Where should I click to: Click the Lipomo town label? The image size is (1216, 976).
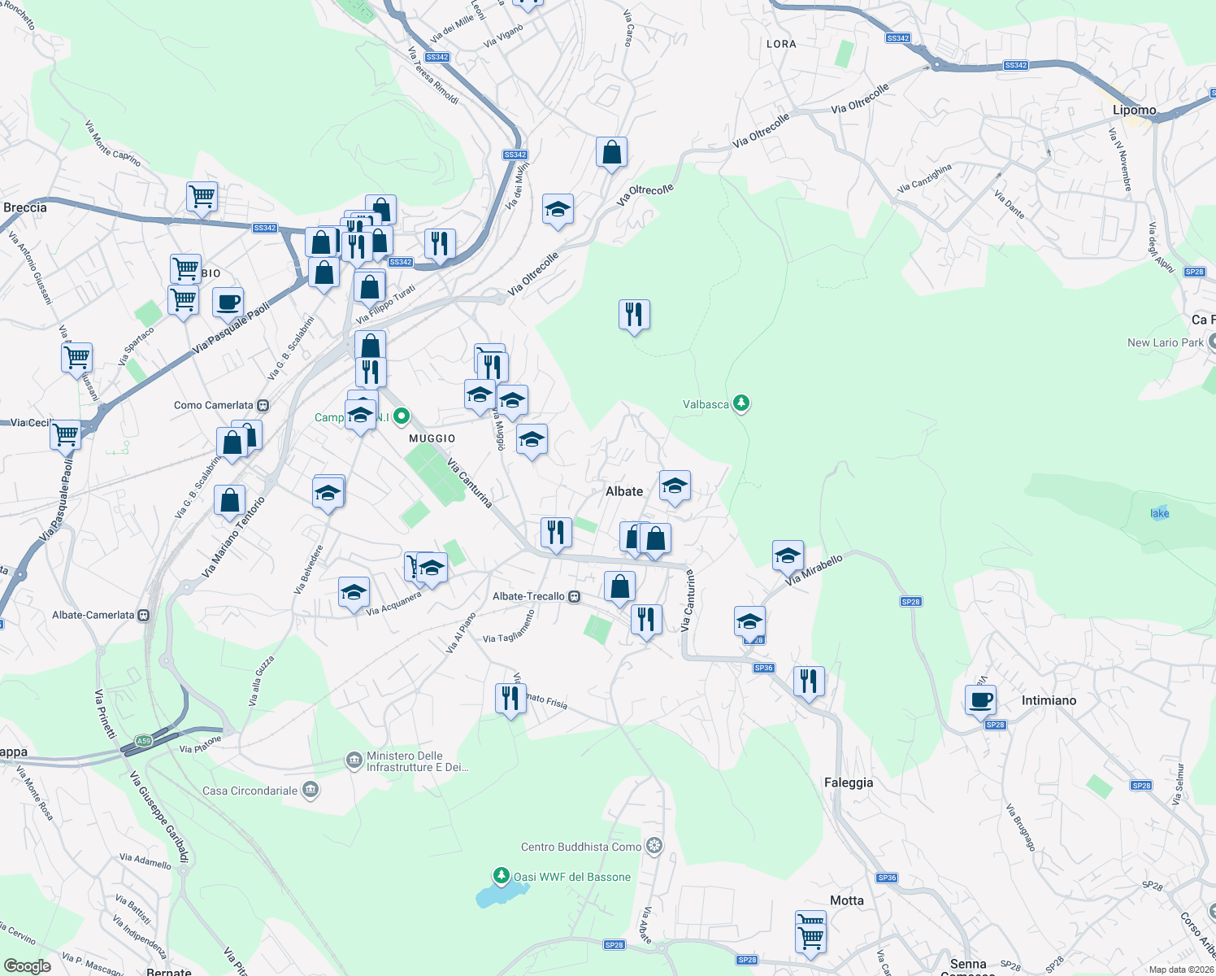[x=1134, y=111]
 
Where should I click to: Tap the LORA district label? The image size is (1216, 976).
[x=781, y=44]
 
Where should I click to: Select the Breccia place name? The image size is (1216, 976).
[x=25, y=207]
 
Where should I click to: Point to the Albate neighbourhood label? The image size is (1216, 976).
[x=624, y=491]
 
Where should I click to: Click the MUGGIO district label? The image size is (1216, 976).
[x=432, y=438]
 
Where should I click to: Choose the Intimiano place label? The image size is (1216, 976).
[x=1049, y=700]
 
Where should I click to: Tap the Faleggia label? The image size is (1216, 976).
[x=849, y=782]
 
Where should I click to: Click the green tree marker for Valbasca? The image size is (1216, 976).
[x=740, y=403]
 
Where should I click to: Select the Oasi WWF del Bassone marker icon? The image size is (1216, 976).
[x=502, y=876]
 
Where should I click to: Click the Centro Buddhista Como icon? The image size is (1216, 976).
[x=654, y=847]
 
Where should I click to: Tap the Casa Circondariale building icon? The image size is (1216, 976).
[x=311, y=790]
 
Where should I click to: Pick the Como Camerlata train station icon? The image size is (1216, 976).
[x=263, y=405]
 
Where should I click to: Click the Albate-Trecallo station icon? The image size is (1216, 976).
[x=575, y=596]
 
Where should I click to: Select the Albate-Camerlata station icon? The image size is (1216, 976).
[x=144, y=615]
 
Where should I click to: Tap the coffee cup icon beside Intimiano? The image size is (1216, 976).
[x=980, y=699]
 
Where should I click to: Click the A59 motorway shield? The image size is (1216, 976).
[x=144, y=741]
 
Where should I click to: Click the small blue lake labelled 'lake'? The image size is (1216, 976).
[x=1160, y=512]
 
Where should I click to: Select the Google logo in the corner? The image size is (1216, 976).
[x=28, y=965]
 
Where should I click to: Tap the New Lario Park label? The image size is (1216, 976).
[x=1165, y=342]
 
